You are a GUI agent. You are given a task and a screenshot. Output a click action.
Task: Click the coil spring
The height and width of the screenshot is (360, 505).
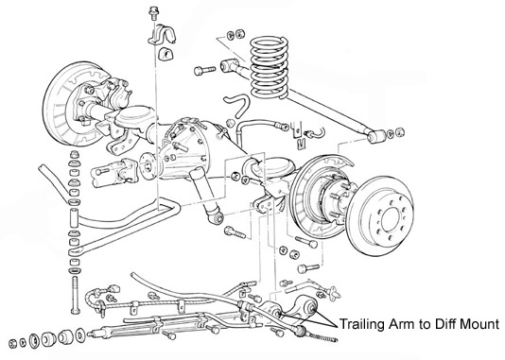(x=270, y=67)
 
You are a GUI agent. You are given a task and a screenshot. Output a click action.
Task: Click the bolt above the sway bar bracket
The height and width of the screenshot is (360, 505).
(x=152, y=13)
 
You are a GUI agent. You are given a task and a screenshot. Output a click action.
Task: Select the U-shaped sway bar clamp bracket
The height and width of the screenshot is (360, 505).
(x=162, y=33)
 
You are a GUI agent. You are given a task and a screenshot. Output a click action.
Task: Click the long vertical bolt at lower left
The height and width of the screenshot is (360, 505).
(x=75, y=294)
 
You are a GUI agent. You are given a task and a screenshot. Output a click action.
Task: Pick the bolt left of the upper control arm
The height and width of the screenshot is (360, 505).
(x=204, y=70)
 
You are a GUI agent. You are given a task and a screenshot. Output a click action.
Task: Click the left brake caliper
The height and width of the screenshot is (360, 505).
(x=117, y=94)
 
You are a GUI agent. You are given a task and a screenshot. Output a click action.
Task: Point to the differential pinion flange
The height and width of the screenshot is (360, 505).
(x=148, y=166)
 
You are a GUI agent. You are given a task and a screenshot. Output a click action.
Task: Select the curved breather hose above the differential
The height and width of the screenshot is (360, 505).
(x=236, y=105)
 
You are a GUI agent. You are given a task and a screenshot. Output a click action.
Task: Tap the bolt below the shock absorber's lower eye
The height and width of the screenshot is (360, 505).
(x=235, y=231)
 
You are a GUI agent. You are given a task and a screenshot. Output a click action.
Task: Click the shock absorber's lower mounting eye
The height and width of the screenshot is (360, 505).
(x=217, y=217)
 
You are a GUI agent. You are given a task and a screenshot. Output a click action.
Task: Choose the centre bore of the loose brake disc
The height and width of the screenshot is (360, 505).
(x=391, y=219)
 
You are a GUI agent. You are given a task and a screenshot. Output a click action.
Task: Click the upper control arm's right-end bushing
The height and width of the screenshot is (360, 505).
(x=376, y=136)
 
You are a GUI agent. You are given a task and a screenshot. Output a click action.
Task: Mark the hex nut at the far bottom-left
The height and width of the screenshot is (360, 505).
(x=13, y=343)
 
